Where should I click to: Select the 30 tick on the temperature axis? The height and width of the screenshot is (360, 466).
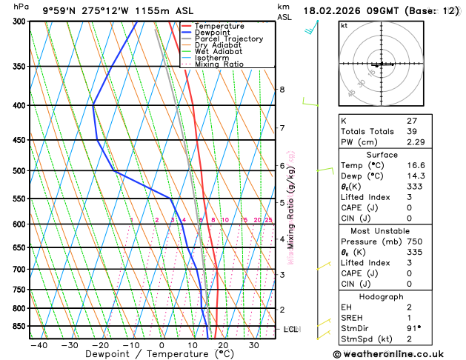[x=253, y=345]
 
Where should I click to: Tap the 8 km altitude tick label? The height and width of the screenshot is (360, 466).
[x=282, y=90]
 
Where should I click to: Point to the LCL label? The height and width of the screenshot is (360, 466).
[x=290, y=329]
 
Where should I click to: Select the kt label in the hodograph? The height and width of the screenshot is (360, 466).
[x=344, y=25]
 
